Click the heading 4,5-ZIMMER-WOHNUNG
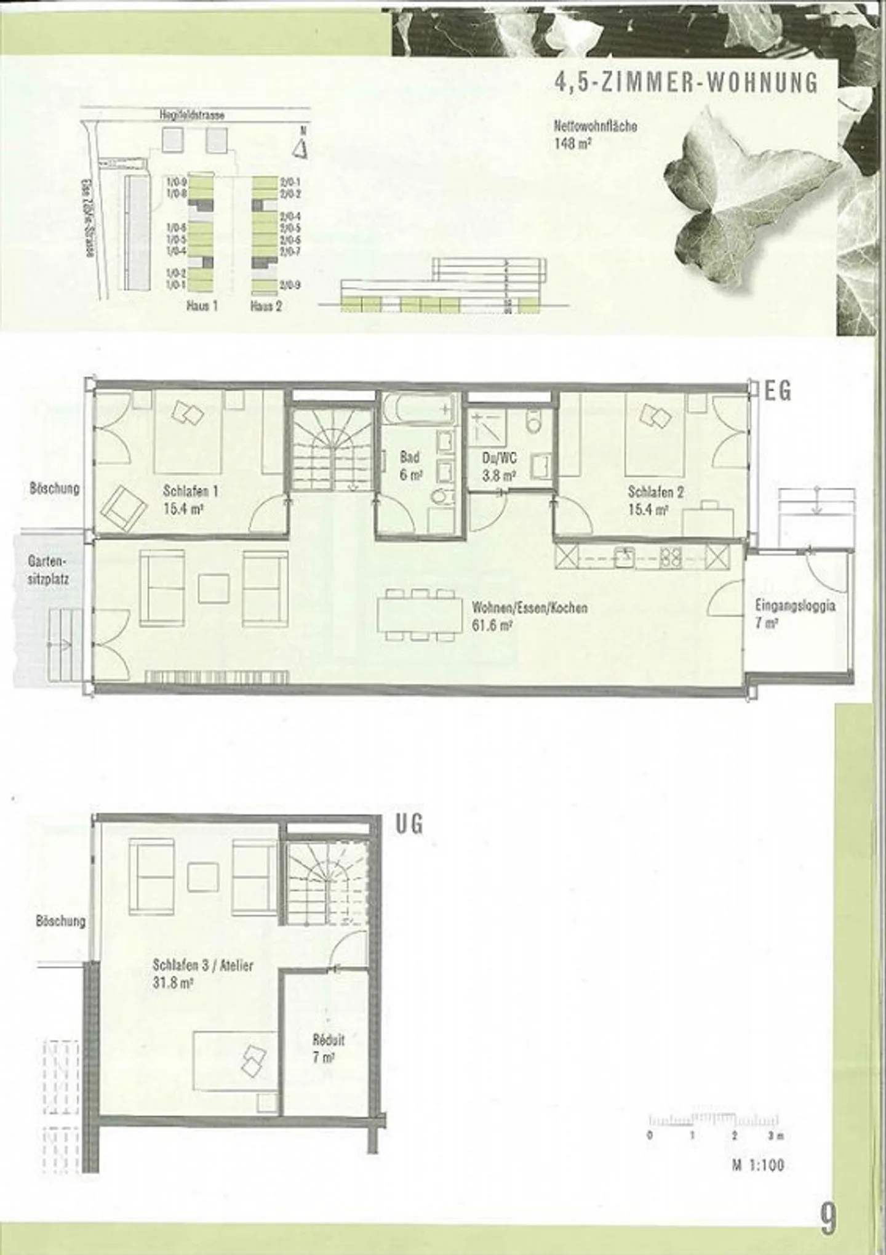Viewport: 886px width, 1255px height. point(687,82)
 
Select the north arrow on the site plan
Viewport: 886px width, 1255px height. point(301,146)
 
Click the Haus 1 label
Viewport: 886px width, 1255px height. point(202,306)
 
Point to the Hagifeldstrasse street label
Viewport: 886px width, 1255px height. point(192,115)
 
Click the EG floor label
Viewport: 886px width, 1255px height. point(778,391)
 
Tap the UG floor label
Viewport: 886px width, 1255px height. point(409,824)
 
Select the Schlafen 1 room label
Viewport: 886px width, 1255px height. point(190,500)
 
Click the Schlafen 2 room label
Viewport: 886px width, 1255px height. point(655,500)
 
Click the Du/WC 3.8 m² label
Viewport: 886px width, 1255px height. point(499,467)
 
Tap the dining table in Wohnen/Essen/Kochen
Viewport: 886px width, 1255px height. point(420,615)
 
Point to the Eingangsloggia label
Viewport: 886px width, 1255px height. point(795,614)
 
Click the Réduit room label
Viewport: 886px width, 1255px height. point(328,1049)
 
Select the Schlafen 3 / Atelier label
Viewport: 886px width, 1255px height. point(202,974)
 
